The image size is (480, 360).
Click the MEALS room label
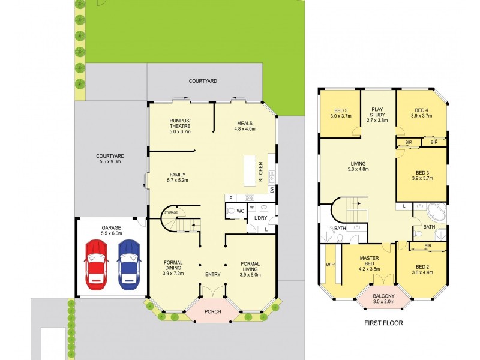point(244,125)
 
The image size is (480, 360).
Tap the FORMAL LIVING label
point(250,267)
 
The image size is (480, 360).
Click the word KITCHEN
point(260,172)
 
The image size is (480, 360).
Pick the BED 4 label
point(421,113)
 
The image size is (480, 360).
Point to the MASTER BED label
point(369,262)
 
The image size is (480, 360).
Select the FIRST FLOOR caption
point(383,323)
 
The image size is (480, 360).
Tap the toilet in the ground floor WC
point(231,211)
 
